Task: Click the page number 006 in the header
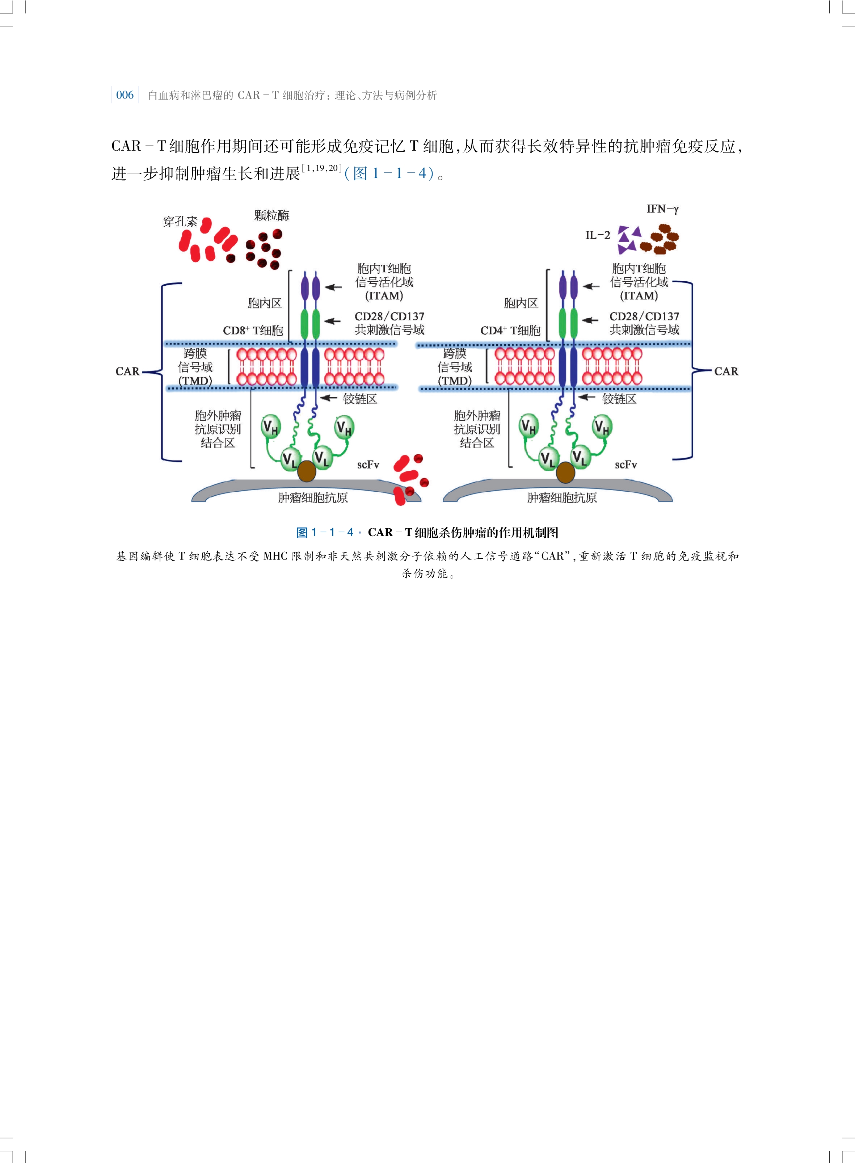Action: (125, 95)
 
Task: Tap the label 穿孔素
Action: (180, 222)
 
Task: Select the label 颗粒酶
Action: (272, 215)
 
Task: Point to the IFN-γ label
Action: (662, 209)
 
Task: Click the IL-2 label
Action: (598, 235)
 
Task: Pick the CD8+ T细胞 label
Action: (253, 331)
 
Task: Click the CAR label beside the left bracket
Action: (127, 371)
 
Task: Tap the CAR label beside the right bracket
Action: (726, 371)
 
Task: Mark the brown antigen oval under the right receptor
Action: (565, 472)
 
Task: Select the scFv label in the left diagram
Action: (368, 465)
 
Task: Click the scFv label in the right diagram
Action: (626, 465)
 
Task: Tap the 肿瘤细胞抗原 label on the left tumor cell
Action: (313, 498)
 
